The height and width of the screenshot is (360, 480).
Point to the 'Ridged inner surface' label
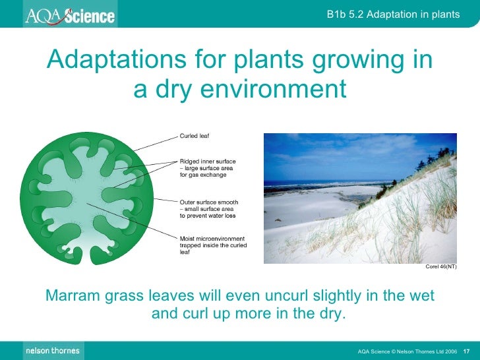(x=208, y=161)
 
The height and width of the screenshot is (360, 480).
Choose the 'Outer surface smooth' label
(x=209, y=202)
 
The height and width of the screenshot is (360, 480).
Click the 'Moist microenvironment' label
(x=212, y=238)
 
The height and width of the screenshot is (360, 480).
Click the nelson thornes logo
(x=52, y=350)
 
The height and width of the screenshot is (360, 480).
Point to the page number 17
(x=465, y=351)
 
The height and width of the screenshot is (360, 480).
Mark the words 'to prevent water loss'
(x=208, y=216)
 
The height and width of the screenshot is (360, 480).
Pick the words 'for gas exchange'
(x=202, y=175)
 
